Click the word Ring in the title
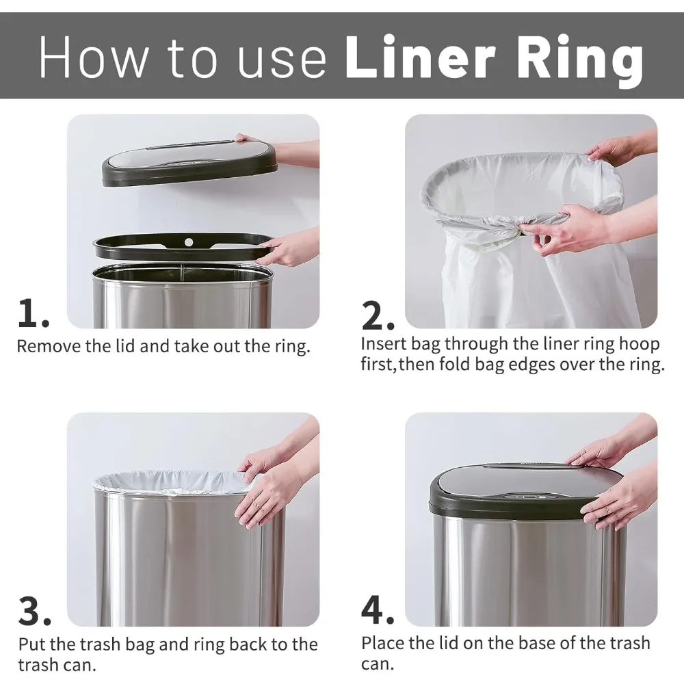(x=580, y=58)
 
